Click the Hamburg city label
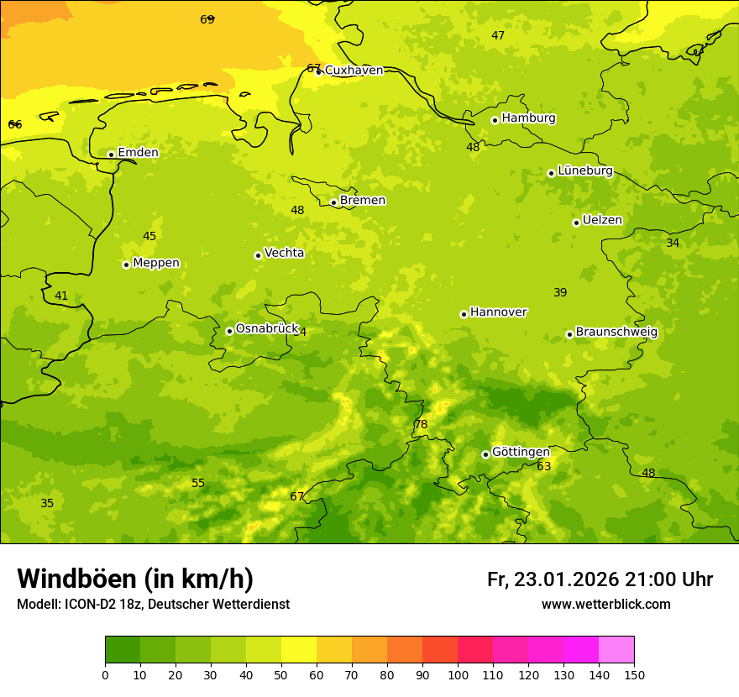tap(528, 118)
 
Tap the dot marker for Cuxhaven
tap(318, 71)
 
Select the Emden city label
tap(138, 153)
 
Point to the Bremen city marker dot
tap(333, 202)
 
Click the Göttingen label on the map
tap(521, 452)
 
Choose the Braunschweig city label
tap(616, 333)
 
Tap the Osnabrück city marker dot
tap(229, 331)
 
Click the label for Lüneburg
tap(584, 170)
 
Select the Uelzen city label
tap(602, 221)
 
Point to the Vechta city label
tap(284, 253)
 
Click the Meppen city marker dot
tap(126, 265)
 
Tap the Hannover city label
tap(498, 312)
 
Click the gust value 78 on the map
tap(421, 425)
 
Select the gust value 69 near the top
tap(207, 19)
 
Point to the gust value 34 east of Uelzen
tap(673, 243)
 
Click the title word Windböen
tap(76, 579)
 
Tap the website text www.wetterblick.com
tap(605, 605)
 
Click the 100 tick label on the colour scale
tap(458, 674)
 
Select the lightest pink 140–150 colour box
tap(616, 650)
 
